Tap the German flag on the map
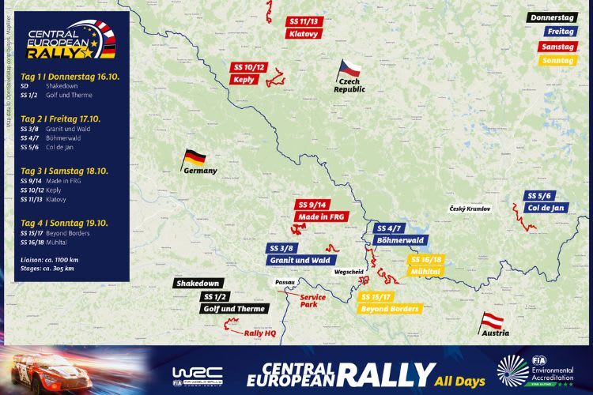(194, 157)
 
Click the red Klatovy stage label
(303, 35)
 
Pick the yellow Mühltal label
(425, 272)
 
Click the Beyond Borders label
(389, 308)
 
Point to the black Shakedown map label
(198, 283)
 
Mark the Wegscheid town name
(349, 271)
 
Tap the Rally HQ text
(261, 333)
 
